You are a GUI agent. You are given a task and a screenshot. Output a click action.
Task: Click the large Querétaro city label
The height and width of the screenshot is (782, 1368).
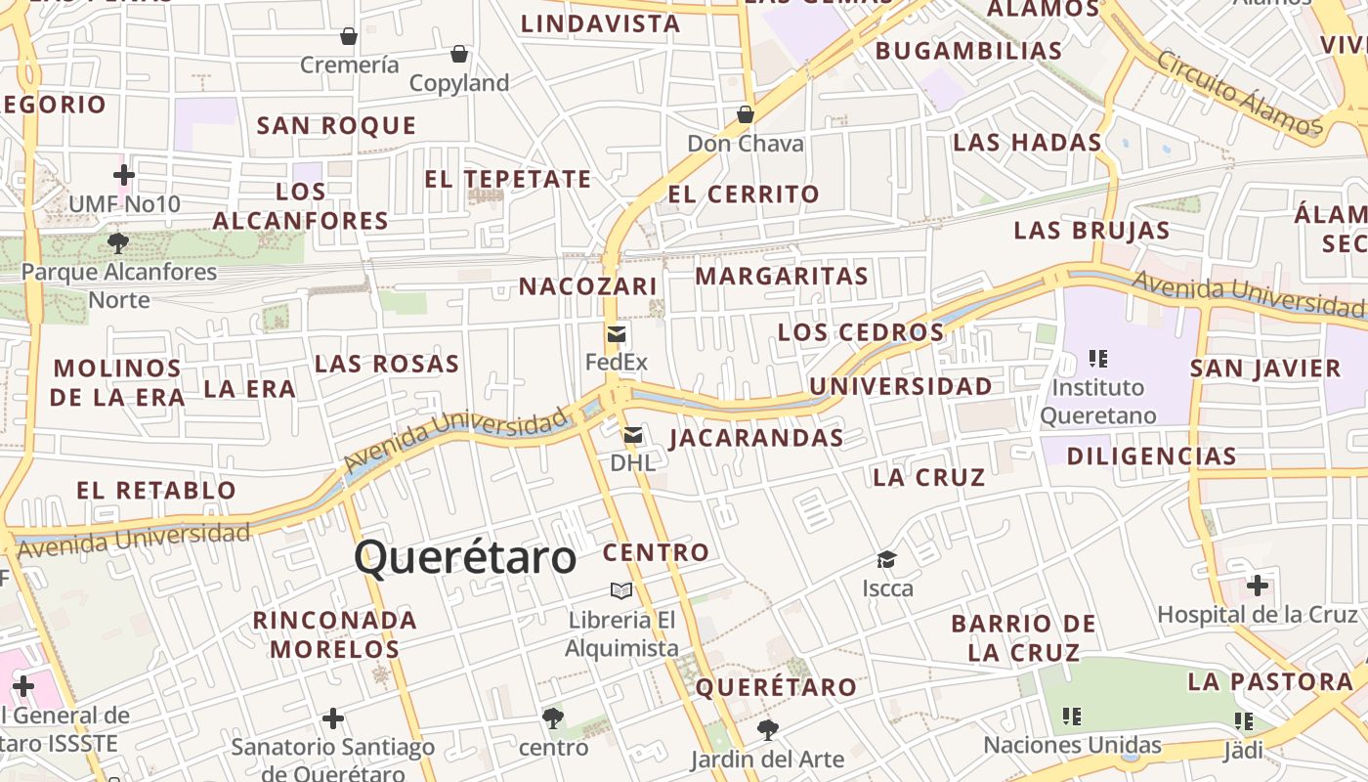pyautogui.click(x=465, y=558)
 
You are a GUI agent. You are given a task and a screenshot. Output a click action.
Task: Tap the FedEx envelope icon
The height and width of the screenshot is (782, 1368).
pyautogui.click(x=617, y=334)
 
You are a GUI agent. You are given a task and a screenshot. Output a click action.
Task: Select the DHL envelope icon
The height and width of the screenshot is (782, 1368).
pyautogui.click(x=633, y=434)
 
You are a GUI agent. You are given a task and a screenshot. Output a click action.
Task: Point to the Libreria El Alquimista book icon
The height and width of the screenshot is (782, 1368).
pyautogui.click(x=621, y=589)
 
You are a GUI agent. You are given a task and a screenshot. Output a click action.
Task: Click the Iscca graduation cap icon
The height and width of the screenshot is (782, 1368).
pyautogui.click(x=886, y=559)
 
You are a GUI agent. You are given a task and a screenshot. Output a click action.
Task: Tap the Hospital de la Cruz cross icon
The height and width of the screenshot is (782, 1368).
pyautogui.click(x=1258, y=586)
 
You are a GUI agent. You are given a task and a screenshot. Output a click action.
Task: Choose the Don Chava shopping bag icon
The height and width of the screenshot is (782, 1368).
pyautogui.click(x=746, y=114)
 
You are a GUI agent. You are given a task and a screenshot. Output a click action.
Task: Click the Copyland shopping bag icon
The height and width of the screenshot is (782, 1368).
pyautogui.click(x=459, y=54)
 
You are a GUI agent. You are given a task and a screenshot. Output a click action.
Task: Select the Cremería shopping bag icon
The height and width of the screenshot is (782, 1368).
pyautogui.click(x=349, y=37)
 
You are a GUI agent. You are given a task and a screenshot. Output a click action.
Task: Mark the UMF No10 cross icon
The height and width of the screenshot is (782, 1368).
pyautogui.click(x=124, y=175)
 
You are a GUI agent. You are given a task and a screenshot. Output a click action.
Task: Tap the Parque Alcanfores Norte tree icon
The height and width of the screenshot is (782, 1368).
pyautogui.click(x=118, y=241)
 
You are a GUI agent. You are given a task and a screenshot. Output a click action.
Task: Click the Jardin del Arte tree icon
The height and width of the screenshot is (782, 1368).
pyautogui.click(x=767, y=729)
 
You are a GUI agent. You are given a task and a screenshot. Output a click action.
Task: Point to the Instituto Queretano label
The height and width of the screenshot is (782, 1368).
pyautogui.click(x=1097, y=401)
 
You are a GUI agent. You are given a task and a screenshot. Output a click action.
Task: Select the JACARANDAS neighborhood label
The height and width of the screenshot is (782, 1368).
pyautogui.click(x=756, y=438)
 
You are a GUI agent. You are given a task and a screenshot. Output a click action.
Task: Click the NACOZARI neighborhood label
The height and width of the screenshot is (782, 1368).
pyautogui.click(x=587, y=286)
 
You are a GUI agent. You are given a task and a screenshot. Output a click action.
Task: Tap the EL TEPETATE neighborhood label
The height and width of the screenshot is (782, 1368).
pyautogui.click(x=507, y=179)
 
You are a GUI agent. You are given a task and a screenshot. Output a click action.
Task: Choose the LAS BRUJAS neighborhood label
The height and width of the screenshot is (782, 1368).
pyautogui.click(x=1091, y=231)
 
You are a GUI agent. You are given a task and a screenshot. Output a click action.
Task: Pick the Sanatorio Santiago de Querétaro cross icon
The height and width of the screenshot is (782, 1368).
pyautogui.click(x=333, y=719)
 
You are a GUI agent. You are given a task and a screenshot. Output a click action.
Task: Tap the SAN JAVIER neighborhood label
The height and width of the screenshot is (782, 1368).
pyautogui.click(x=1265, y=369)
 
